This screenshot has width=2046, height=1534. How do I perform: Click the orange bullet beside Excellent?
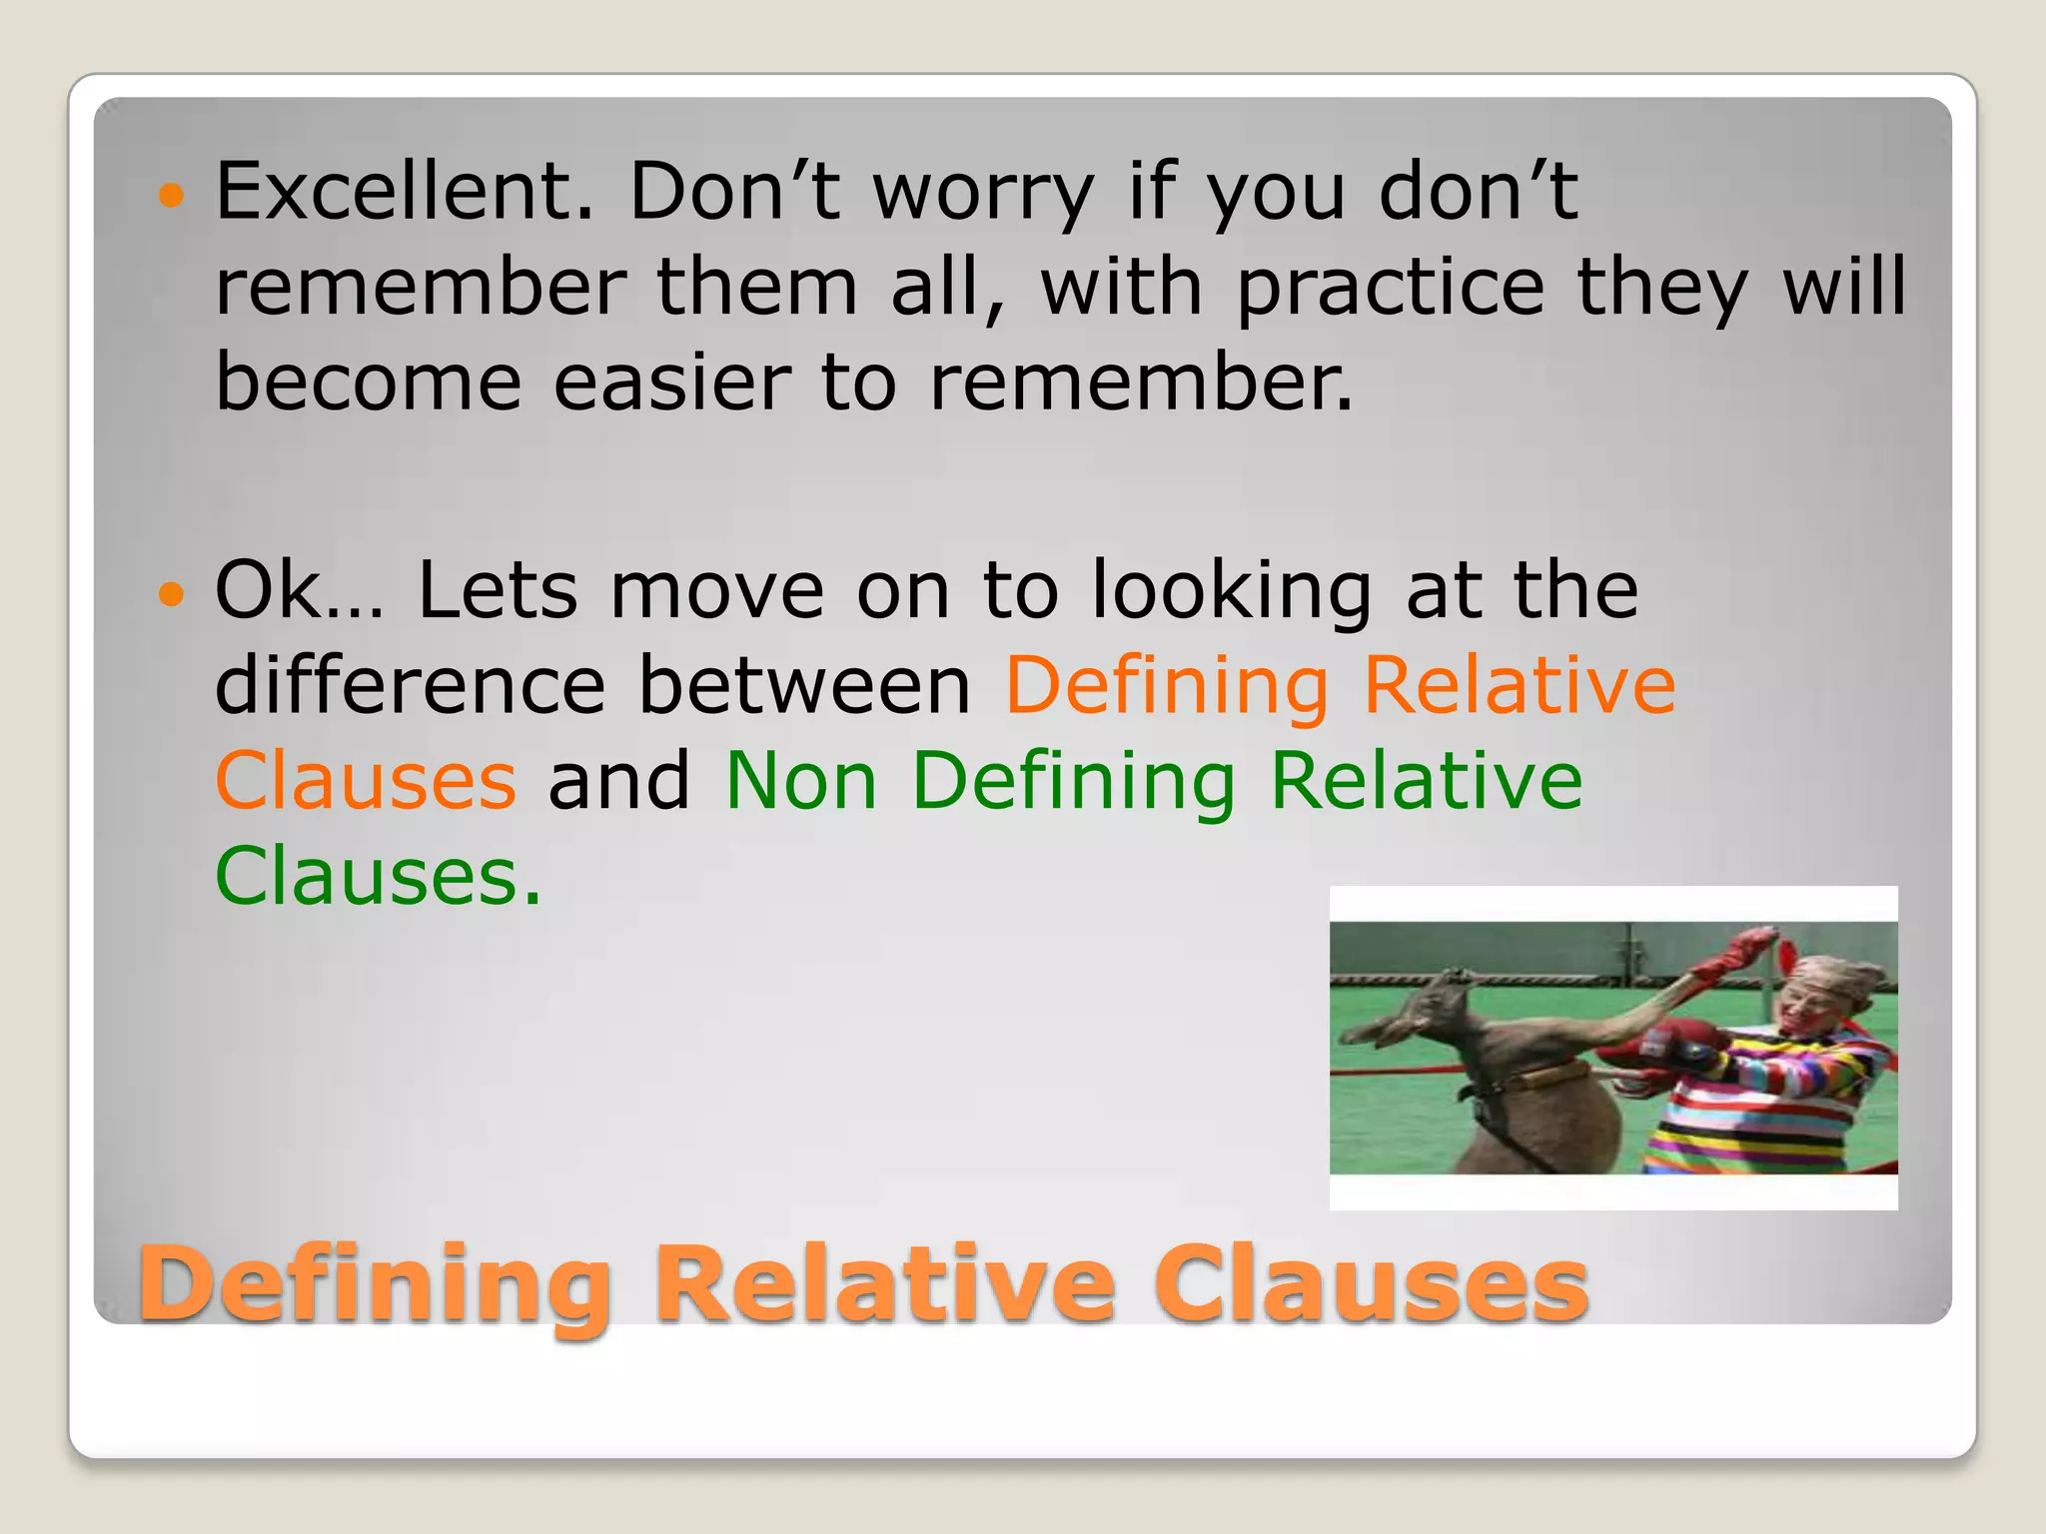172,194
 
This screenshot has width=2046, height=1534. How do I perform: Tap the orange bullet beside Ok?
172,594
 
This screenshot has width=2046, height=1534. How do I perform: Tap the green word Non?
800,780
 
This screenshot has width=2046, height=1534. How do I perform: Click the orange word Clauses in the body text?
366,780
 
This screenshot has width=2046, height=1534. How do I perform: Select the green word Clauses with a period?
378,876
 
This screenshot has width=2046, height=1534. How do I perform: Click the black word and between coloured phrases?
619,780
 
